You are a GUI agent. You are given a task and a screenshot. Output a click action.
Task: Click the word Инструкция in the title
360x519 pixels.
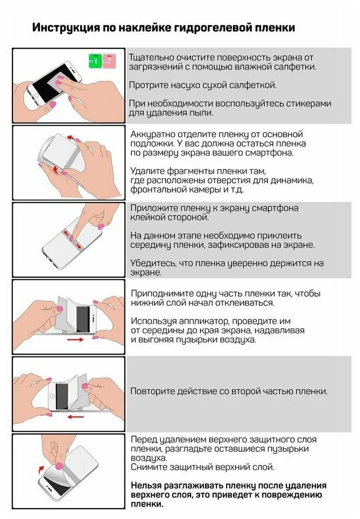66,27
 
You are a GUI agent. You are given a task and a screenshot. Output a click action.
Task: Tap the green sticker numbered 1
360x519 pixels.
95,61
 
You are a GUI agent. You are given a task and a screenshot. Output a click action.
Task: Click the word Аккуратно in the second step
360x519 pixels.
152,135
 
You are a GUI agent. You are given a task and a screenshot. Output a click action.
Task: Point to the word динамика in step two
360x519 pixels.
292,180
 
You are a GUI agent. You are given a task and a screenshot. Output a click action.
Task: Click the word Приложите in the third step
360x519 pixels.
153,208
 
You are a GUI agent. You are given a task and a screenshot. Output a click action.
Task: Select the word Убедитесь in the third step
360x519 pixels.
153,263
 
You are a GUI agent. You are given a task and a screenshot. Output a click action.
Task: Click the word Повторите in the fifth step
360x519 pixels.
152,391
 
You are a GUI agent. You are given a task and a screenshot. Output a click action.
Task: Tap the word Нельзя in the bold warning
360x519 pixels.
146,486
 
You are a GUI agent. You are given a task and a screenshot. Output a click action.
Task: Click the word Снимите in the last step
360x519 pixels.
149,467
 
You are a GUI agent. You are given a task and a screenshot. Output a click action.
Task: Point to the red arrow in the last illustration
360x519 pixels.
41,469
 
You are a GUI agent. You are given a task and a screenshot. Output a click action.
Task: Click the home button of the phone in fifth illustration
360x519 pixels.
52,396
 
